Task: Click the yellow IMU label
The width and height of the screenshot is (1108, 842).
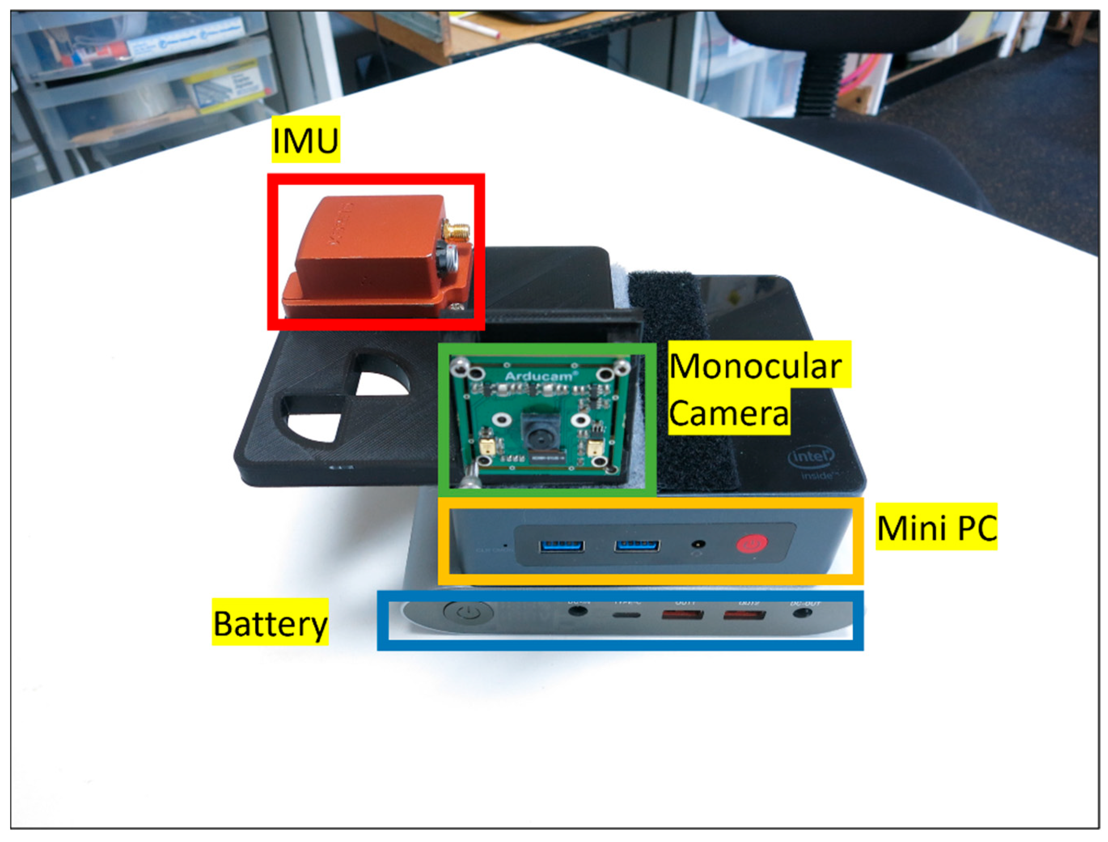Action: point(305,140)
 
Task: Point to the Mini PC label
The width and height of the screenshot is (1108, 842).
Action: point(936,528)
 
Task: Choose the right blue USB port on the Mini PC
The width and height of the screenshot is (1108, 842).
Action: point(637,545)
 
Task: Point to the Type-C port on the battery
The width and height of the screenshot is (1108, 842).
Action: point(627,614)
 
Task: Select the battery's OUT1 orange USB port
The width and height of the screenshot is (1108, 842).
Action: point(682,614)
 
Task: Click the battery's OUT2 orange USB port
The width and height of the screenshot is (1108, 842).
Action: point(744,614)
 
